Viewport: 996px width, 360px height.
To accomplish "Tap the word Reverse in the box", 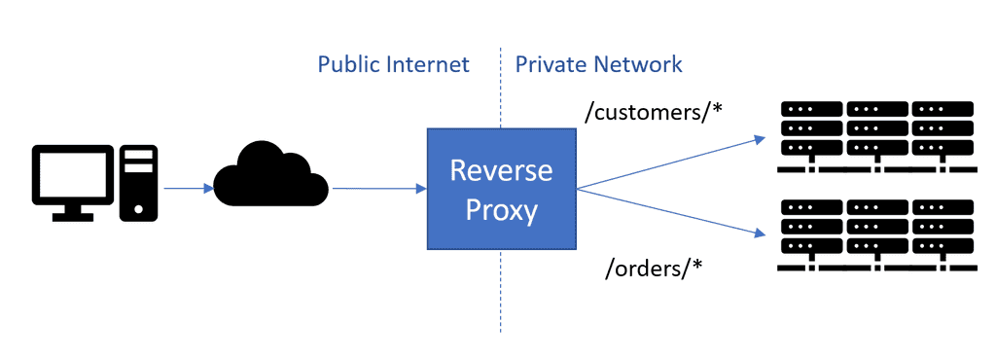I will tap(501, 170).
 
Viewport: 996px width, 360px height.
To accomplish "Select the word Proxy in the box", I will tap(501, 209).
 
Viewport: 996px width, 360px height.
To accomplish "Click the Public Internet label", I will tap(394, 64).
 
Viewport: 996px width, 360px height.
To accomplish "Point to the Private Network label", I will tap(598, 64).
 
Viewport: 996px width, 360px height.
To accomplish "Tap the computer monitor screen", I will tap(74, 175).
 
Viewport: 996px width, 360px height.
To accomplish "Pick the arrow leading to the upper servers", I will tap(671, 162).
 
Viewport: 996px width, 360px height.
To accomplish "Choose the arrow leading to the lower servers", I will tap(671, 212).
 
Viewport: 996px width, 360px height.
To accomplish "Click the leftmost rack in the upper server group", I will tap(811, 128).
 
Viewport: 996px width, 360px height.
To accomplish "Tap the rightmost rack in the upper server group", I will tap(943, 128).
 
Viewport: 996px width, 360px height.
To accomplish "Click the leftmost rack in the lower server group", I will tap(811, 227).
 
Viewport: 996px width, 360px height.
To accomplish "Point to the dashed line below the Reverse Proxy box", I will tap(501, 292).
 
